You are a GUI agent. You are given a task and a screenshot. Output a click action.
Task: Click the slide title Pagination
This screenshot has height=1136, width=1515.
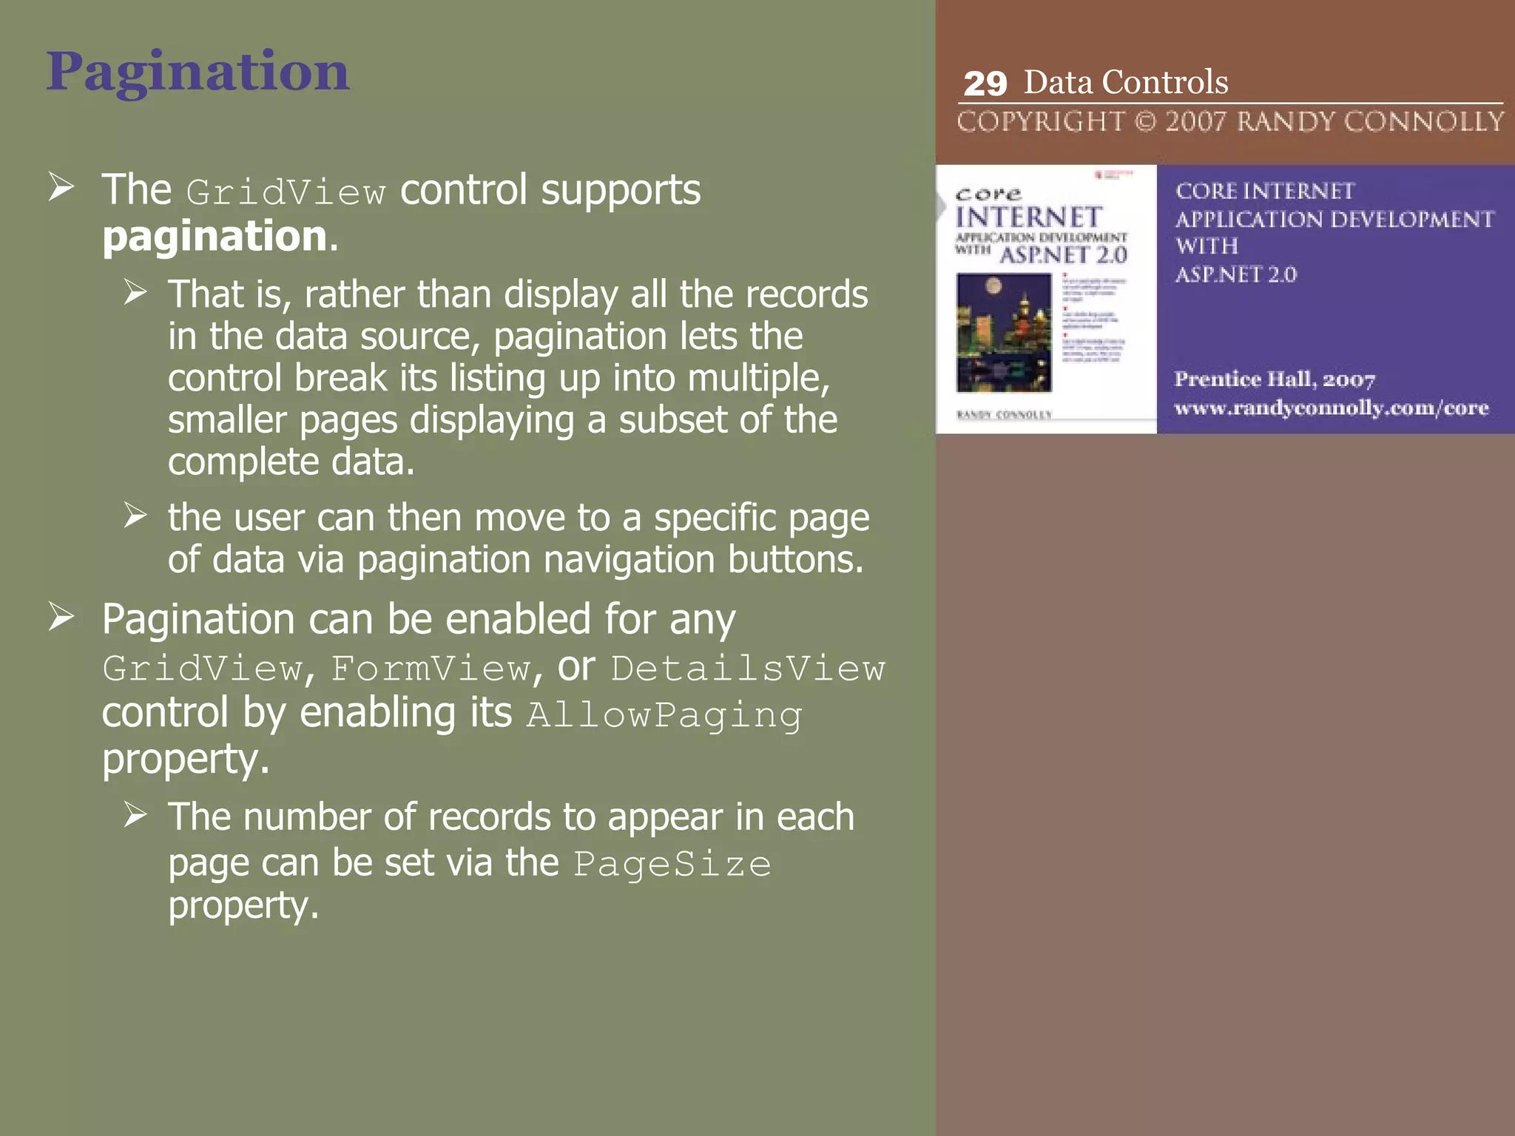coord(198,72)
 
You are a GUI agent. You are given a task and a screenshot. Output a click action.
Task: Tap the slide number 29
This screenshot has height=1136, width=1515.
coord(985,84)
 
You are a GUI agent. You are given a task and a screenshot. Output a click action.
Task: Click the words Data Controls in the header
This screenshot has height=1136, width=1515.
coord(1125,82)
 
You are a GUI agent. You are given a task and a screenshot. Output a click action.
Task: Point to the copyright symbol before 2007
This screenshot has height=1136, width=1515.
coord(1145,121)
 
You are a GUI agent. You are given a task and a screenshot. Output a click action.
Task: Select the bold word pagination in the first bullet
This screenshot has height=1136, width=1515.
coord(215,237)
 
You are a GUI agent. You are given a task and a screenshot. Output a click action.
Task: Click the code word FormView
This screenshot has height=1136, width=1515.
coord(431,669)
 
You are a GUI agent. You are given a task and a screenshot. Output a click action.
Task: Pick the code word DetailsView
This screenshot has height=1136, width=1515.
coord(747,669)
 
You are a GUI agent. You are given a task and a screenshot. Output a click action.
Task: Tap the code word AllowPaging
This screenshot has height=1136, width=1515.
coord(664,715)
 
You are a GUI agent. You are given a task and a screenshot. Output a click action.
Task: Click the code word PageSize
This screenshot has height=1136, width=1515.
coord(672,865)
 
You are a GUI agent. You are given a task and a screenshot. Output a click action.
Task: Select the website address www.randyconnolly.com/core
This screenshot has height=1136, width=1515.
coord(1331,408)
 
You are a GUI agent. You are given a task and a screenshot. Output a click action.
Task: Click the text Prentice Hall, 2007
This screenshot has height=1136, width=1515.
coord(1275,379)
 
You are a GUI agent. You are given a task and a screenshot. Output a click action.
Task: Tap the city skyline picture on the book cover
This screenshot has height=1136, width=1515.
coord(1004,332)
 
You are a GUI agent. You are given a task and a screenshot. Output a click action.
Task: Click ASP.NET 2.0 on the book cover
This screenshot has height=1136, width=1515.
coord(1063,256)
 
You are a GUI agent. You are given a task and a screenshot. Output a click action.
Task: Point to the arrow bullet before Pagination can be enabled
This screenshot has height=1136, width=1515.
coord(61,617)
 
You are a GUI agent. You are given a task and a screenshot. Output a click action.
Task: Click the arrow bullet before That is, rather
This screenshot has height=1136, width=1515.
coord(135,292)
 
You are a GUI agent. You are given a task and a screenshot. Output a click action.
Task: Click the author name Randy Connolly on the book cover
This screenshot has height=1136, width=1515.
coord(1004,415)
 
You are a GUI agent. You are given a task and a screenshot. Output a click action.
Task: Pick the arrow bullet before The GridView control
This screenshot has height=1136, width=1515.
coord(61,187)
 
